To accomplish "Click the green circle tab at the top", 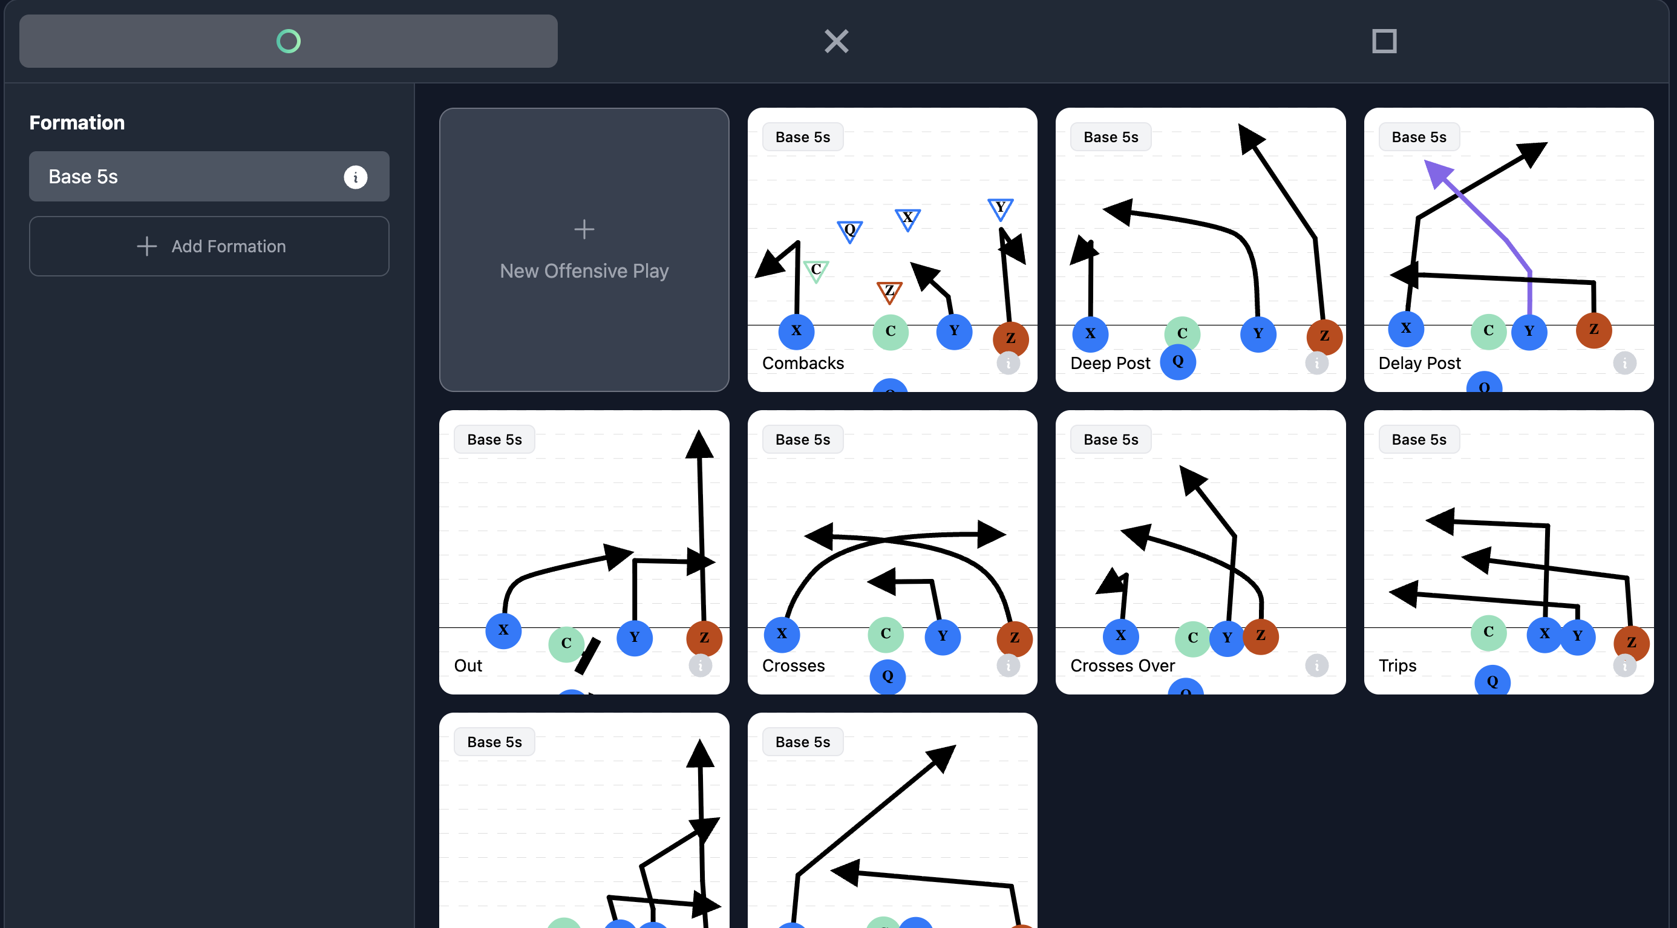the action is coord(289,41).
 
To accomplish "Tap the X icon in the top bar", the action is coord(837,41).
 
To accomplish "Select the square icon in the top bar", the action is coord(1384,41).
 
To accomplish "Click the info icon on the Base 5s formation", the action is coord(356,177).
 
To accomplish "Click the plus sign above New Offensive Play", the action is coord(584,229).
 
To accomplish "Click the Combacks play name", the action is coord(803,363).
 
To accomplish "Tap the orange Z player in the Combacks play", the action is coord(1010,338).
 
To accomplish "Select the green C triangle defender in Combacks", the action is coord(816,270).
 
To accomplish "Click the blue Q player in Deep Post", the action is coord(1178,361).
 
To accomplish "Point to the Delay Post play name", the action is coord(1419,363).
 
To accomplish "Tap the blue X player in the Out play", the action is coord(503,630).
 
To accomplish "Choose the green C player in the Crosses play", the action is coord(885,634).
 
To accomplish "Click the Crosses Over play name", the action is coord(1122,665).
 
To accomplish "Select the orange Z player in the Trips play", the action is coord(1631,643).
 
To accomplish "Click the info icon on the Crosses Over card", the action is coord(1316,665).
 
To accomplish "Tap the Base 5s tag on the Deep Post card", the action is coord(1111,137).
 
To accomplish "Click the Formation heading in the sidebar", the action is coord(77,122).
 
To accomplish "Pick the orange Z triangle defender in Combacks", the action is coord(889,292).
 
